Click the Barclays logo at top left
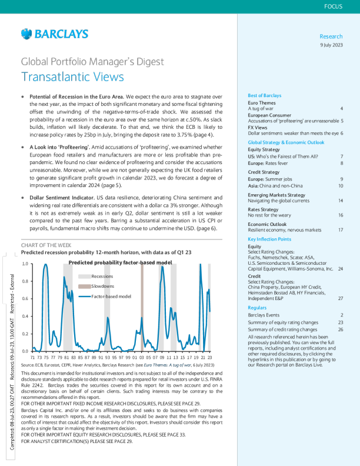pos(54,34)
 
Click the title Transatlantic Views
pos(72,76)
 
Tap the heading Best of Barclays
pos(265,95)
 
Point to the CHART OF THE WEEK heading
pos(47,244)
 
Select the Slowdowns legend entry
pos(104,285)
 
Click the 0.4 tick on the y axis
pos(25,317)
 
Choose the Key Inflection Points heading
pos(269,240)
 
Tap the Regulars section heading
pos(258,308)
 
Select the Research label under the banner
pos(331,36)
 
